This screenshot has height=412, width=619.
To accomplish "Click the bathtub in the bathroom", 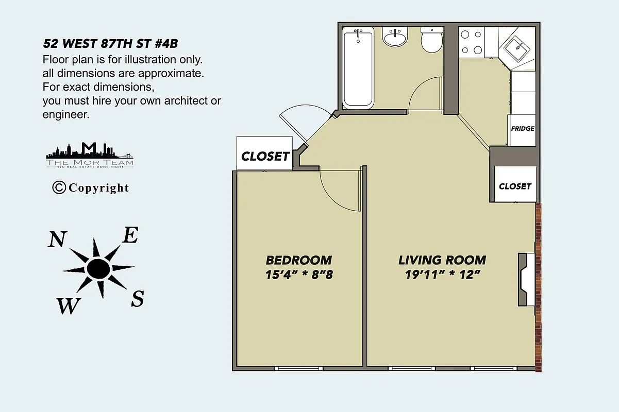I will [358, 68].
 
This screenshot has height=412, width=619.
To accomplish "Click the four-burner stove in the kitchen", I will [472, 43].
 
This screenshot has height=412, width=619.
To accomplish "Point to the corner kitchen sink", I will [517, 49].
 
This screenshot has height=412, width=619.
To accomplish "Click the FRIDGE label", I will [522, 129].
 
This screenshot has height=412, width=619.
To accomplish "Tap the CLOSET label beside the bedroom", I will [265, 157].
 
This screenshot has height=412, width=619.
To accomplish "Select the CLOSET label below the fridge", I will [515, 186].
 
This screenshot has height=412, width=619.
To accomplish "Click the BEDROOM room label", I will [299, 260].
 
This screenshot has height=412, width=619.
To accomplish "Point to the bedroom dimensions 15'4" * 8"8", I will [299, 274].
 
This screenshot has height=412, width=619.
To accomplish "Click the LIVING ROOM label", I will [442, 260].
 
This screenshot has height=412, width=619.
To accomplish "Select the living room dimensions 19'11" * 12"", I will [442, 274].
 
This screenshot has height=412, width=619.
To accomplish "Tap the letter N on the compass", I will [58, 240].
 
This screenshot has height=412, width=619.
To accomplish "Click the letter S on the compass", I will [137, 299].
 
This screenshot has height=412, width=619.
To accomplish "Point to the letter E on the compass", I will [130, 236].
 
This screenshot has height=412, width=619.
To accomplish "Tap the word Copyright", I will [98, 188].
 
